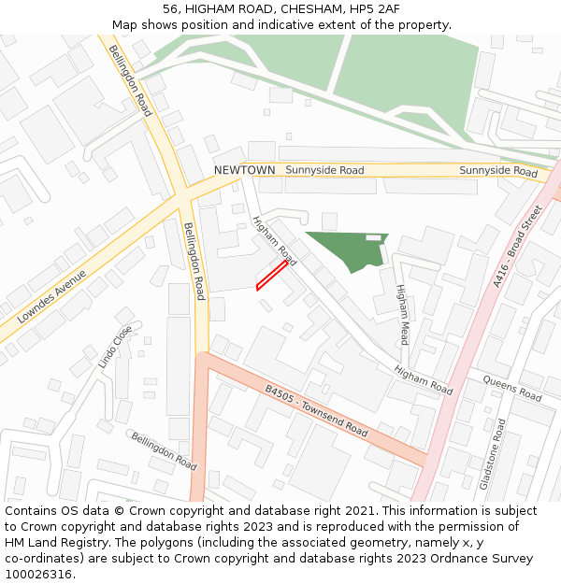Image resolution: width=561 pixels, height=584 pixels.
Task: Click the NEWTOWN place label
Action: (x=244, y=170)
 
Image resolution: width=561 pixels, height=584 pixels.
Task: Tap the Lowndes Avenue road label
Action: (x=44, y=298)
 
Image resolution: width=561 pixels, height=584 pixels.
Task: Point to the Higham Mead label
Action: (x=403, y=314)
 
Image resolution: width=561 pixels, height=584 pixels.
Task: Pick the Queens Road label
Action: (x=512, y=387)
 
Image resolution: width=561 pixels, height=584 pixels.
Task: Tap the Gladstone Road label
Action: (x=493, y=454)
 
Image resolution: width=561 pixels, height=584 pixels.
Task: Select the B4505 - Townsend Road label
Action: (x=316, y=412)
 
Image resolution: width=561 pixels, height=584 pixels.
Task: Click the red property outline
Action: (x=271, y=276)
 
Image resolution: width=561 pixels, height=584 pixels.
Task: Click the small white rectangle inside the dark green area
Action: (x=373, y=238)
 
